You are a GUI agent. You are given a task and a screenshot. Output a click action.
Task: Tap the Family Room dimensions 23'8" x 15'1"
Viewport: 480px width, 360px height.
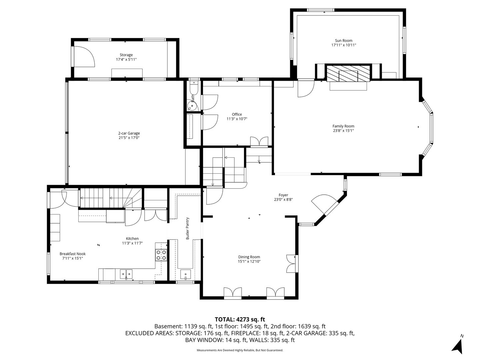(343, 131)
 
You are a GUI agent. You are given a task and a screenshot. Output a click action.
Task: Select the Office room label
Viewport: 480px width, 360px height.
(237, 114)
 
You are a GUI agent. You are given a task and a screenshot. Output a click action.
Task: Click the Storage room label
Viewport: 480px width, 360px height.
(126, 55)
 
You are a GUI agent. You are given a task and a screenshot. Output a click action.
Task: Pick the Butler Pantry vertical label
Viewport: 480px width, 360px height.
(188, 229)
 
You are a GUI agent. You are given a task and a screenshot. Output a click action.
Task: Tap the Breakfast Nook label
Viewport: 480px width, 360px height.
(72, 254)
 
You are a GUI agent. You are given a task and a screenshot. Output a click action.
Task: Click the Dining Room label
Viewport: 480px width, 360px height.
(249, 257)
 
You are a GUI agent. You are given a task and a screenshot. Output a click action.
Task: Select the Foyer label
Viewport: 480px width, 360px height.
(283, 195)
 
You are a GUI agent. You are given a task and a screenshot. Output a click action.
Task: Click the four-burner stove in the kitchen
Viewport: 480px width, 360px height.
(161, 255)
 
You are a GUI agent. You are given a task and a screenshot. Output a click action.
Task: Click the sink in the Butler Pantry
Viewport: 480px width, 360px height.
(185, 274)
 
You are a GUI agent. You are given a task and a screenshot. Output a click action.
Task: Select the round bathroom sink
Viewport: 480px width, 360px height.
(192, 106)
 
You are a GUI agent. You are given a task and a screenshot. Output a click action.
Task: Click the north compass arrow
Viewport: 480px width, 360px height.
(458, 347)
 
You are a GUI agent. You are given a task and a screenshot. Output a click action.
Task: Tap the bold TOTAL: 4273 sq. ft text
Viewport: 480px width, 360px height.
(240, 320)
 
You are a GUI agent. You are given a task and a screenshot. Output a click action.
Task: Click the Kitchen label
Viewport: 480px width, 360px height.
(132, 239)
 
